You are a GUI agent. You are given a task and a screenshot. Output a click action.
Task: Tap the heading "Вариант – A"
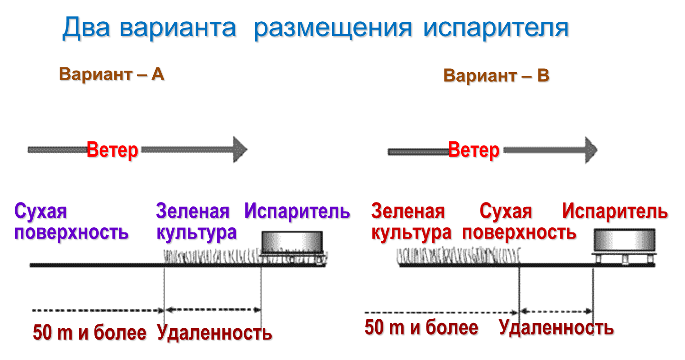[111, 74]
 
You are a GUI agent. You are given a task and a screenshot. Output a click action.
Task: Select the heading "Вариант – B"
[496, 76]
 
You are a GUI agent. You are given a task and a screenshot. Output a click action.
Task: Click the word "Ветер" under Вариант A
[112, 150]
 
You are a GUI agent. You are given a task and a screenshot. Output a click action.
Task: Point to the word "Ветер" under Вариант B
[473, 151]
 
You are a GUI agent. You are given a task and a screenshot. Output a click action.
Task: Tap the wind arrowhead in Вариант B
[591, 150]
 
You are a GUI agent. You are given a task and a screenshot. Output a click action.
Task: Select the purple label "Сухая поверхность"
[71, 222]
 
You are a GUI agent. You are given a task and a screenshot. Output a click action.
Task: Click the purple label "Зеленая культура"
[196, 222]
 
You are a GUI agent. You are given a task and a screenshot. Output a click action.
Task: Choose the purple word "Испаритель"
[297, 212]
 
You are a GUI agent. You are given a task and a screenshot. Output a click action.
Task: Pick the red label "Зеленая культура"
[411, 222]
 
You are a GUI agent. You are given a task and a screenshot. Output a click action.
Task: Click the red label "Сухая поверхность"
[519, 222]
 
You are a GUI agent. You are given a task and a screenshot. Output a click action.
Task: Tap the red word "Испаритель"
[615, 212]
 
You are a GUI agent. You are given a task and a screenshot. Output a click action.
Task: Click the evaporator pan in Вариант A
[293, 243]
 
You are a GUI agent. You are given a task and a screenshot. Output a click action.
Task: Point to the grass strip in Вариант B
[458, 256]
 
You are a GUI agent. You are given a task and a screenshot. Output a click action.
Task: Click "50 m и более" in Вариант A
[90, 333]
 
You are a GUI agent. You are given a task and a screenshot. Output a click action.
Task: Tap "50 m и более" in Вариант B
[421, 328]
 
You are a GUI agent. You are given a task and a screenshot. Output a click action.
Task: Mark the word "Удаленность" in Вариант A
[214, 333]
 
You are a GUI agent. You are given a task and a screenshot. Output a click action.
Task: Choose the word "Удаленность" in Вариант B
[556, 328]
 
